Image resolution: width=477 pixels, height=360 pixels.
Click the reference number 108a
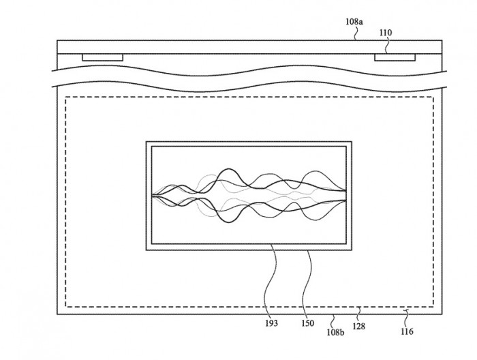point(354,22)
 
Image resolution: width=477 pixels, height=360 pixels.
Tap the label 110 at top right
point(385,31)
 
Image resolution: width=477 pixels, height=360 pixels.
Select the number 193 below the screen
point(271,323)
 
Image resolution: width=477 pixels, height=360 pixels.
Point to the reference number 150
point(308,323)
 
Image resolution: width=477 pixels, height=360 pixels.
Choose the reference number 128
point(360,327)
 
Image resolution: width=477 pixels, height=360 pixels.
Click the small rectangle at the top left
point(102,57)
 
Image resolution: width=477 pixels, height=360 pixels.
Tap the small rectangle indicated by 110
point(394,57)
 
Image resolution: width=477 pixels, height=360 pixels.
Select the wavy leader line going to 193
point(273,280)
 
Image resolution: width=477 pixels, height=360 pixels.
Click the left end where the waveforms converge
point(154,196)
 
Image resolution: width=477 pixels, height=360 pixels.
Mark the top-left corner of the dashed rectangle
point(65,97)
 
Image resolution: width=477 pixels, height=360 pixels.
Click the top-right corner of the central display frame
point(352,142)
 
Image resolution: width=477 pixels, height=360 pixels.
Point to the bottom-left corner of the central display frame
point(147,251)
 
